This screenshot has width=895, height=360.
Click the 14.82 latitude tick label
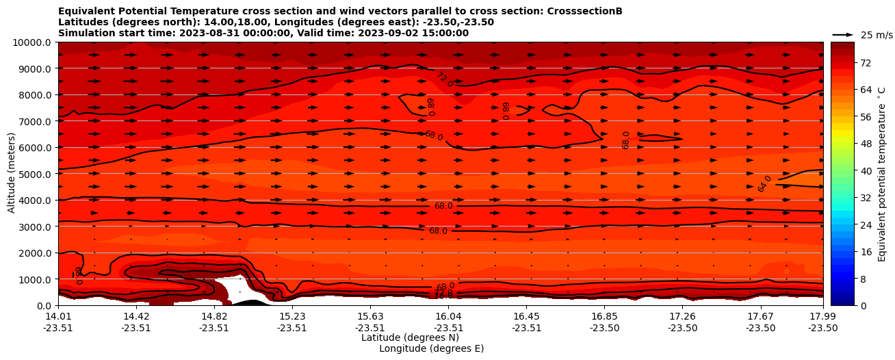pyautogui.click(x=214, y=316)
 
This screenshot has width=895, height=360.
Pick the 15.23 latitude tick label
pyautogui.click(x=292, y=316)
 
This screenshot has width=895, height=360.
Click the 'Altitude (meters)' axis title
pyautogui.click(x=12, y=173)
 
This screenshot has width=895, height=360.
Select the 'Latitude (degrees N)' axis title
pyautogui.click(x=410, y=337)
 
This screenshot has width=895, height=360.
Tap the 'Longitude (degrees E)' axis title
pyautogui.click(x=431, y=348)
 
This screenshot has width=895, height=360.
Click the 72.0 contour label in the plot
pyautogui.click(x=445, y=79)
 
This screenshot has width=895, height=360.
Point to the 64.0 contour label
pyautogui.click(x=764, y=183)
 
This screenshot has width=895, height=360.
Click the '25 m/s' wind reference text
pyautogui.click(x=877, y=35)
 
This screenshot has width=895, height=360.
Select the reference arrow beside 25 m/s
pyautogui.click(x=843, y=35)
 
